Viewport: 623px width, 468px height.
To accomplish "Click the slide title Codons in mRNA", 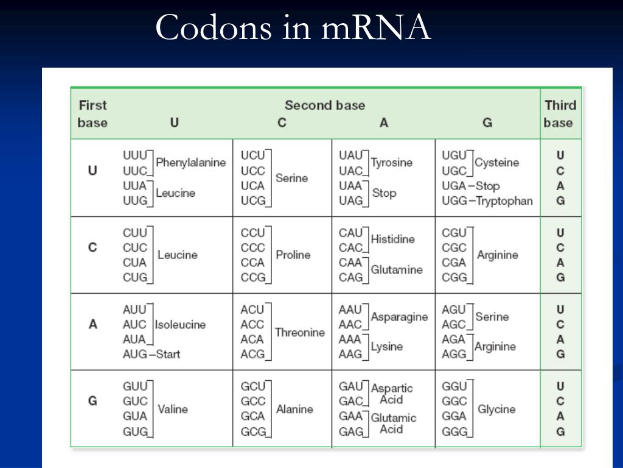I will [293, 28].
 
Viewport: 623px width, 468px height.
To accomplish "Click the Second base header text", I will [325, 105].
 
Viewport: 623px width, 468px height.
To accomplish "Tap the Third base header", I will [560, 113].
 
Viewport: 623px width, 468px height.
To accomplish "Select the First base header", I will [92, 113].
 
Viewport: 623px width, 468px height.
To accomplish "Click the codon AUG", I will [134, 354].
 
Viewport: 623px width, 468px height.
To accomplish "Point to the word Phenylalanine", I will [190, 163].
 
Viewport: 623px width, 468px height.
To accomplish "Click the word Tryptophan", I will [504, 201].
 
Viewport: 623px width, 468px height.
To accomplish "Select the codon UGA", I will [454, 186].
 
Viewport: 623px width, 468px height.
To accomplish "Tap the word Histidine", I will [392, 239].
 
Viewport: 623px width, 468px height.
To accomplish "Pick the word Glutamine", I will [396, 270].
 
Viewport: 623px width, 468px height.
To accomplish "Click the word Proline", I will [293, 255].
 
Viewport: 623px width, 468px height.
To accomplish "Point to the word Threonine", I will [299, 333].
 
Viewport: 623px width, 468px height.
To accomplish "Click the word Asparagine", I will [399, 317].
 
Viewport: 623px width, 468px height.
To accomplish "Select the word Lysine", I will [387, 347].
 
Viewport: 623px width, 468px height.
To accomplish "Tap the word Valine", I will [173, 409].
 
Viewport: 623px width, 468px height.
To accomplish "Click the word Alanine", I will [294, 409].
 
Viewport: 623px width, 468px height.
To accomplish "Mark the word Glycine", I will [496, 409].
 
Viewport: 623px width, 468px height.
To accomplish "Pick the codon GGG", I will [454, 432].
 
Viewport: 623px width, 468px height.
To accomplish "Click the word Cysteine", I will [496, 163].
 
